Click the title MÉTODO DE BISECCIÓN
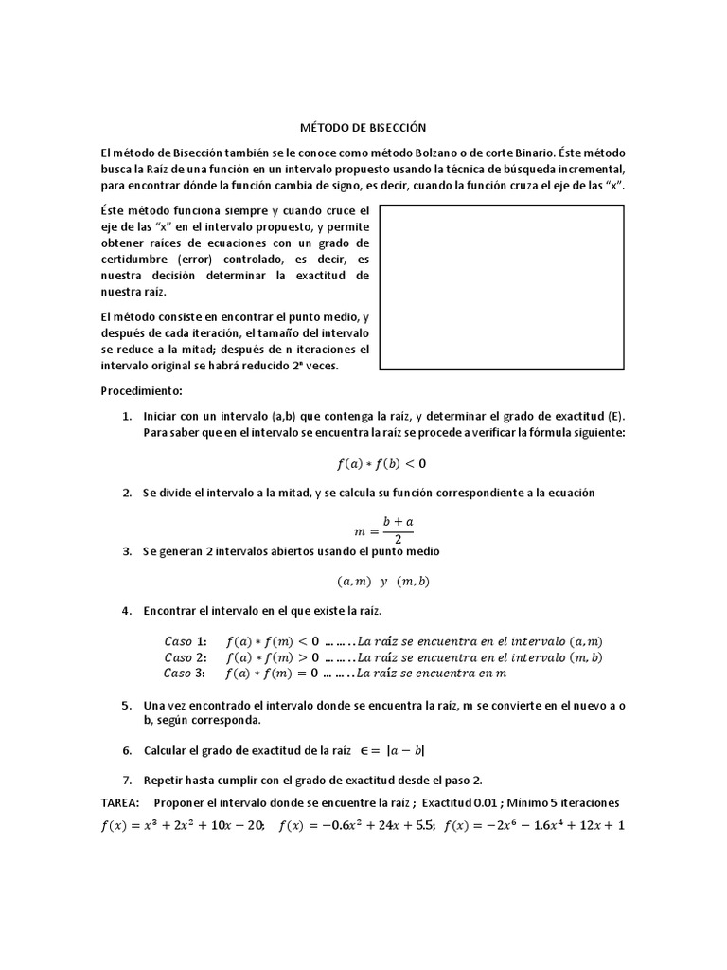click(363, 128)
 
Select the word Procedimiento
click(141, 391)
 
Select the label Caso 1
click(185, 641)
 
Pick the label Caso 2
click(185, 657)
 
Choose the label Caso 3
click(185, 674)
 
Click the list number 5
click(126, 706)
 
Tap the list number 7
click(126, 780)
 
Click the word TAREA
click(120, 801)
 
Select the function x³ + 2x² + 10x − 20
click(184, 825)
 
